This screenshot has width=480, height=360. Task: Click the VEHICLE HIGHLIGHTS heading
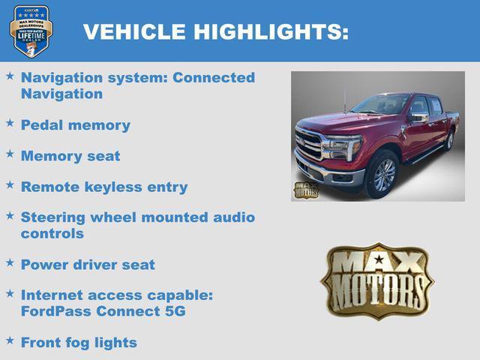coord(216,31)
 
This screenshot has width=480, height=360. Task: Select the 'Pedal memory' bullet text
coord(75,125)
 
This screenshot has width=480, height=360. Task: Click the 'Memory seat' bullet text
coord(70,156)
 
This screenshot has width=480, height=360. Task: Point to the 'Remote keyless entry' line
coord(103,187)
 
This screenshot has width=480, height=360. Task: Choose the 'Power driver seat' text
coord(88,265)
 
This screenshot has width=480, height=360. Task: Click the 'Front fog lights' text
coord(79,343)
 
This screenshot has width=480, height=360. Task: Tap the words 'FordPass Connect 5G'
coord(103,311)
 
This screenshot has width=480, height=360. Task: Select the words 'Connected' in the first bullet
coord(214,78)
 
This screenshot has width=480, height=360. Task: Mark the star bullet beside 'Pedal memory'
coord(10,122)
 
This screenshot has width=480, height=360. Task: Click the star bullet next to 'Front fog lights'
coord(10,340)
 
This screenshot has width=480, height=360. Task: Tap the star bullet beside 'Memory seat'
coord(10,153)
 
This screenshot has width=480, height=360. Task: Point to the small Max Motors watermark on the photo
coord(305,190)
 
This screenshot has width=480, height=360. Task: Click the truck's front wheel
coord(383,174)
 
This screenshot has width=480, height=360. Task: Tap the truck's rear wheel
coord(449,140)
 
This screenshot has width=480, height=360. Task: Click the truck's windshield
coord(382,104)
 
